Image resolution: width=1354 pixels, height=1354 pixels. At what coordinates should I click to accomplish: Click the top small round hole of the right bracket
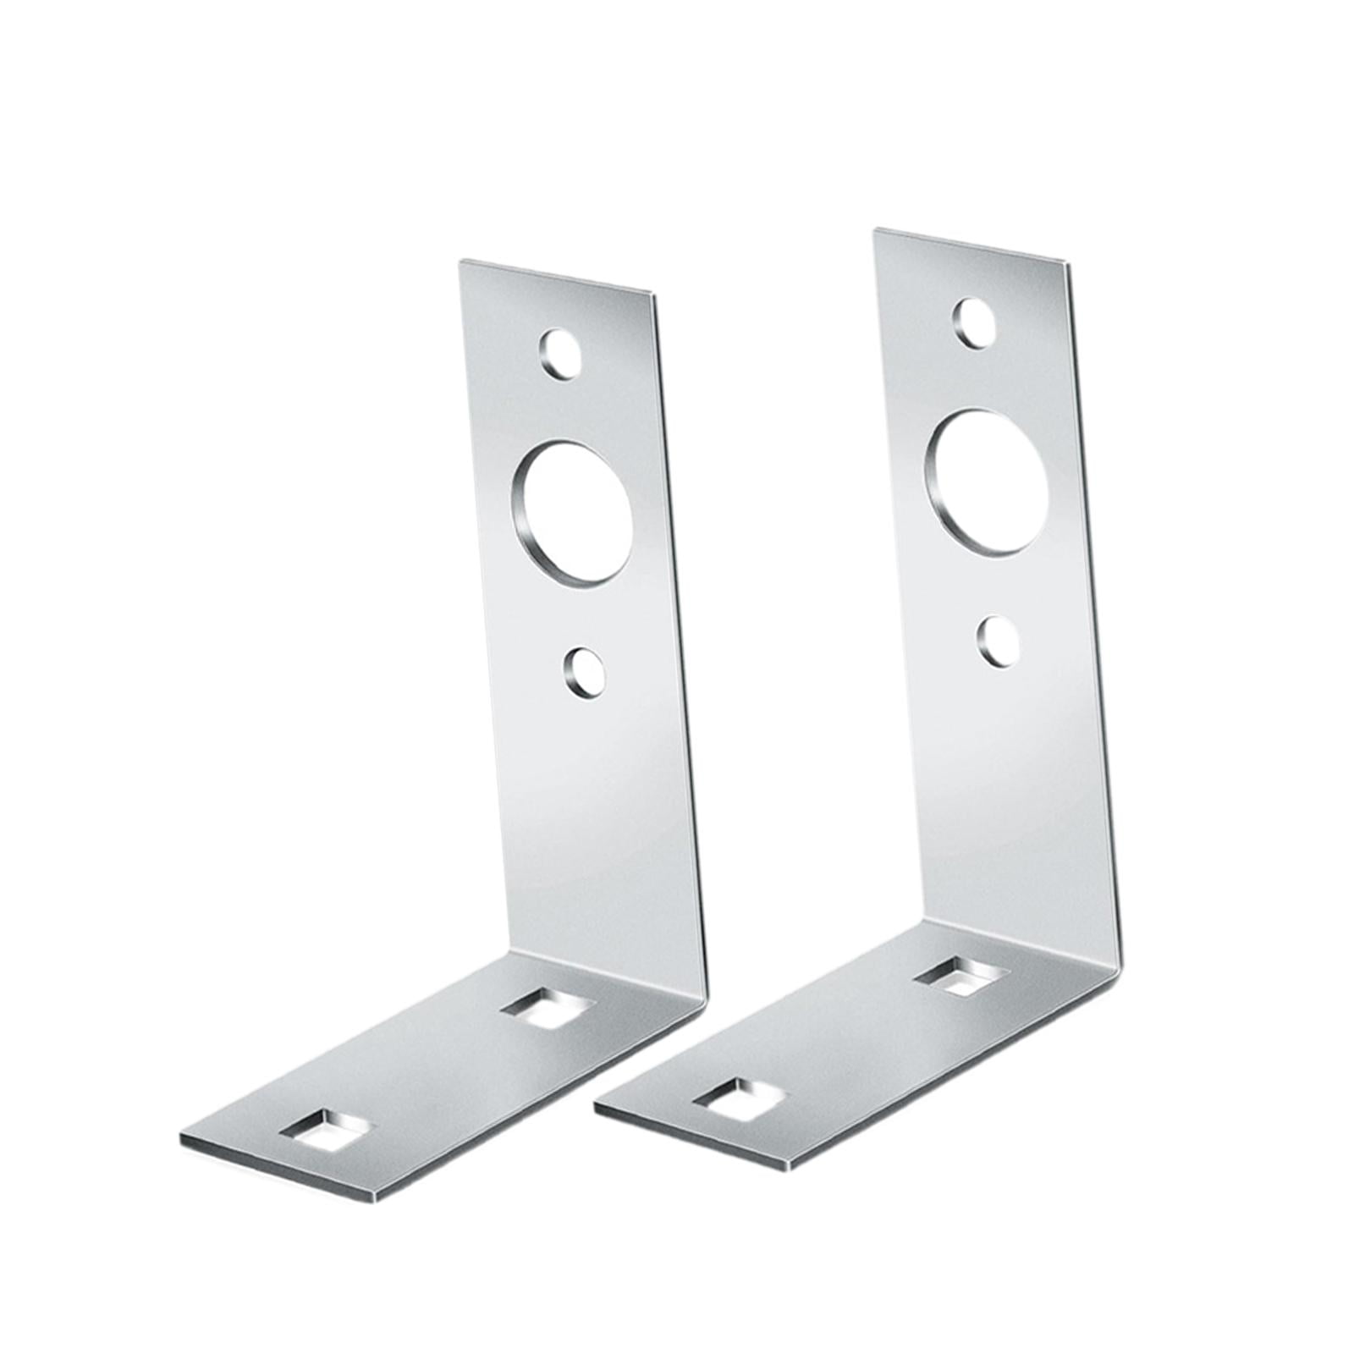(x=974, y=322)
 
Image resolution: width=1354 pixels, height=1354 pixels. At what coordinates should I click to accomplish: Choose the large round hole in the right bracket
(x=988, y=482)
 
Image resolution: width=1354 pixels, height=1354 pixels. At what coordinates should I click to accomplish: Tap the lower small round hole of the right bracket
(x=999, y=641)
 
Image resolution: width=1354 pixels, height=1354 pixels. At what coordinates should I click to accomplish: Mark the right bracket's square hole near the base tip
(x=738, y=1098)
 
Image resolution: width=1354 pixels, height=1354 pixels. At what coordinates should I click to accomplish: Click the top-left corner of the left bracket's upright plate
(x=460, y=261)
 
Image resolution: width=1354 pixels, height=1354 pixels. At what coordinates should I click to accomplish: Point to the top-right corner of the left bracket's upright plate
(x=654, y=295)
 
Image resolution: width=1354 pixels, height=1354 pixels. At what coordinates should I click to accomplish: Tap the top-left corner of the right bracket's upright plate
(x=876, y=229)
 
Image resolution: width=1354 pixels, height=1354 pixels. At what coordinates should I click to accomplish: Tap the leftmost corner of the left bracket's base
(x=181, y=1136)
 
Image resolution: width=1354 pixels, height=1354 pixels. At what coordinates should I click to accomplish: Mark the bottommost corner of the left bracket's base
(x=374, y=1202)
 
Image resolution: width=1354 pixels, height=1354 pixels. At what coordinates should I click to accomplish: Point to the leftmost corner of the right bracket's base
(x=596, y=1104)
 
